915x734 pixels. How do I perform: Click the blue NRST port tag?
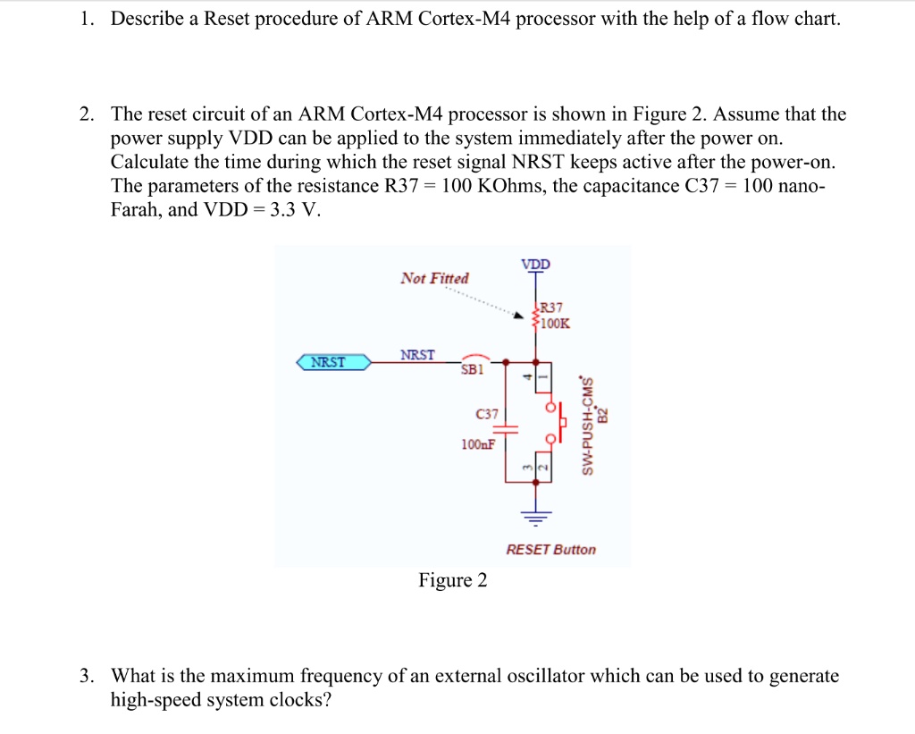point(333,362)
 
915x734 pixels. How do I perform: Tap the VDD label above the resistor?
point(536,264)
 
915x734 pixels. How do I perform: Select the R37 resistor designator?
point(551,308)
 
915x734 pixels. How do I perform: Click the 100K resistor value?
point(556,323)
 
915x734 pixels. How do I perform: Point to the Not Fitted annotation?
point(435,278)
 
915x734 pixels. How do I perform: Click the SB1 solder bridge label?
point(472,369)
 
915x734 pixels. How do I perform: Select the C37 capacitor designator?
point(487,414)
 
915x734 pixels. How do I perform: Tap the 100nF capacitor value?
point(478,444)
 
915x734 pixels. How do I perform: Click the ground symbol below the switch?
point(536,517)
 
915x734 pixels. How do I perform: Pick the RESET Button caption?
point(550,550)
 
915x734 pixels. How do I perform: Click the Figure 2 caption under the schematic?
point(453,580)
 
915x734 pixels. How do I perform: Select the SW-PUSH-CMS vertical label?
point(587,426)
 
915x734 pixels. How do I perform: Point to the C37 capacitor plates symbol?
point(506,430)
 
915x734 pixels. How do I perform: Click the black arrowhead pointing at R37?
point(518,316)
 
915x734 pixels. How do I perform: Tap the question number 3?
point(87,676)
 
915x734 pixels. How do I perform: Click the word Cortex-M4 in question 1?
point(465,19)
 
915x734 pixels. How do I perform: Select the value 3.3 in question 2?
point(282,209)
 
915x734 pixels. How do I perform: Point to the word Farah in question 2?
point(136,209)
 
